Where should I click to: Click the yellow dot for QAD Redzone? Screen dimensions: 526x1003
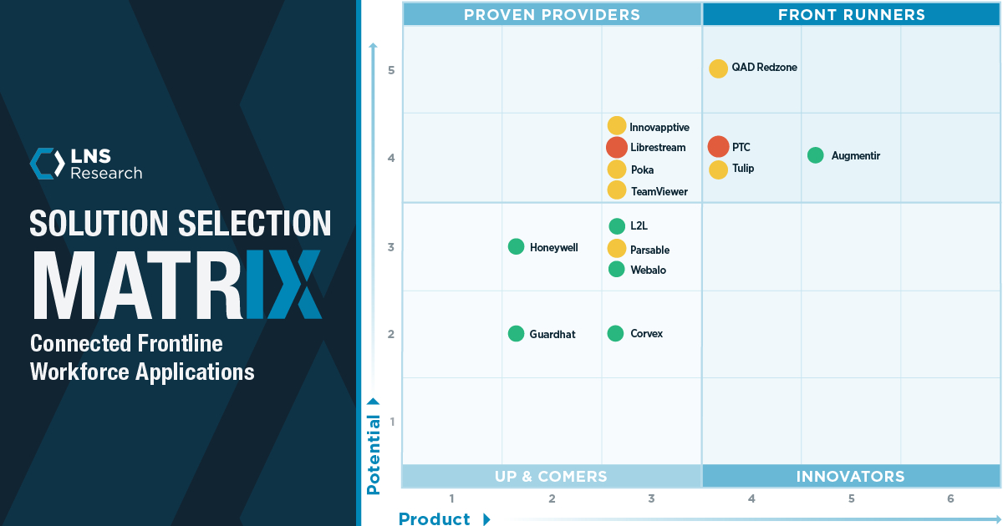tap(718, 68)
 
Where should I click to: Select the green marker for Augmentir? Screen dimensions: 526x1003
tap(816, 155)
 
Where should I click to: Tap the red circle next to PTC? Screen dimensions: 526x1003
tap(718, 147)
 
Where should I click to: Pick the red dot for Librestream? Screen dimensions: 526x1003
tap(617, 148)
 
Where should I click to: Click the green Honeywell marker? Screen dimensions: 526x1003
tap(516, 246)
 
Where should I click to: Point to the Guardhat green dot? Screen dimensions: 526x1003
tap(516, 333)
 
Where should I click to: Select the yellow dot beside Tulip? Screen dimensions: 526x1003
tap(718, 169)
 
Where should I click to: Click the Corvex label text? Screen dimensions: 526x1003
tap(647, 334)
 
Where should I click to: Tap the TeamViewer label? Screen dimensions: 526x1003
tap(659, 192)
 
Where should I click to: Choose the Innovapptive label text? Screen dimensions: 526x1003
tap(659, 128)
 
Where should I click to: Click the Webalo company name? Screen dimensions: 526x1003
tap(649, 271)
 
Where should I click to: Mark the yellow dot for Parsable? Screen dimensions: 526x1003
tap(617, 248)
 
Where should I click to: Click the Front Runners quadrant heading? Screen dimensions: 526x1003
tap(851, 14)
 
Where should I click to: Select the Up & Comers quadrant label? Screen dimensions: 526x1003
tap(551, 477)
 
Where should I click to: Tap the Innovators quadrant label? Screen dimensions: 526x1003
tap(850, 477)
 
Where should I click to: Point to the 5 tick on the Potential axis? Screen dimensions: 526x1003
tap(391, 70)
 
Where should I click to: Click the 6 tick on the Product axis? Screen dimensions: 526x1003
tap(950, 499)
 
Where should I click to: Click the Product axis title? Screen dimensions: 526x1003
tap(435, 518)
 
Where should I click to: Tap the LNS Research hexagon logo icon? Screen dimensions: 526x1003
tap(47, 164)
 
